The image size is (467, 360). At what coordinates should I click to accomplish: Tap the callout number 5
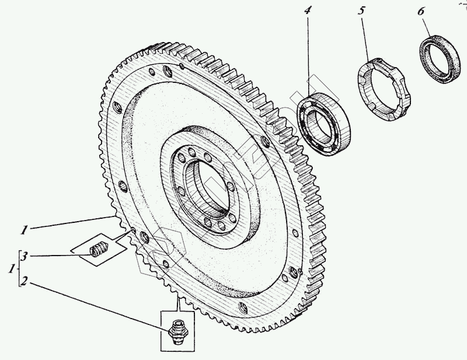click(361, 11)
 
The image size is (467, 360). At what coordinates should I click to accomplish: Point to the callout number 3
click(24, 256)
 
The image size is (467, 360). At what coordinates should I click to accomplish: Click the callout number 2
click(24, 282)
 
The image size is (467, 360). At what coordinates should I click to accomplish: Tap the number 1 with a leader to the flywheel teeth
click(24, 230)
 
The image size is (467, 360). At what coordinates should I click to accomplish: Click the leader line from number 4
click(309, 53)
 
